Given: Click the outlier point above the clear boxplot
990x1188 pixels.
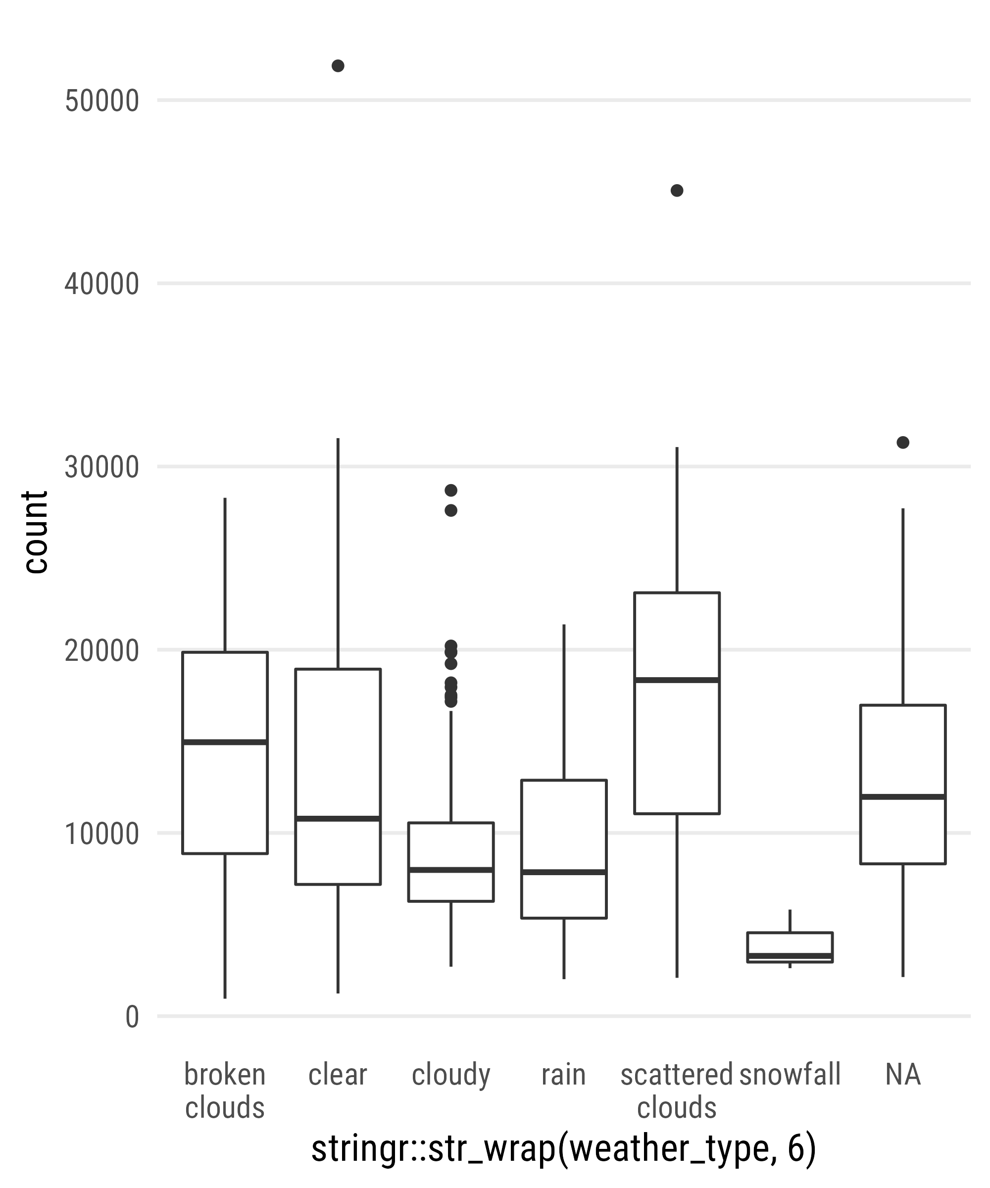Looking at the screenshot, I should click(x=338, y=66).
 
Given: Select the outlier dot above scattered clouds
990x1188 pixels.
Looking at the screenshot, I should click(x=677, y=191).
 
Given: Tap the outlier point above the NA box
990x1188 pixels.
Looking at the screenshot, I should click(x=903, y=443).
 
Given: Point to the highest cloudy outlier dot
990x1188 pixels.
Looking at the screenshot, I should click(x=451, y=490).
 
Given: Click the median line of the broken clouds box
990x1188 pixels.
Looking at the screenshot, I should click(x=225, y=742).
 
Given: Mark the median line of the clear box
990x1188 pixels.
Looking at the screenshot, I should click(x=338, y=819).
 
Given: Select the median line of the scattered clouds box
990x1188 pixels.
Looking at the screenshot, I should click(x=677, y=680).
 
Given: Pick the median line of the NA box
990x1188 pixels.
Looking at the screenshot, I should click(x=903, y=796).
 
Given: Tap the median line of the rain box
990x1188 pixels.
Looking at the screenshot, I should click(x=564, y=872).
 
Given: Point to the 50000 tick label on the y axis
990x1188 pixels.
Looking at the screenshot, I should click(x=102, y=102).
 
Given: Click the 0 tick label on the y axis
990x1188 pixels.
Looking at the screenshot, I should click(x=132, y=1017).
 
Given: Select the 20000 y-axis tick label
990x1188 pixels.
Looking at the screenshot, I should click(x=102, y=651).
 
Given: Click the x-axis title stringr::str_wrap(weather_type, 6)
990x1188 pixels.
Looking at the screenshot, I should click(x=563, y=1148).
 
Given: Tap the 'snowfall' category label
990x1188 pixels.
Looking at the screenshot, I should click(x=790, y=1074).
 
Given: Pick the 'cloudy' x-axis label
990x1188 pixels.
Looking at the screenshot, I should click(x=451, y=1074).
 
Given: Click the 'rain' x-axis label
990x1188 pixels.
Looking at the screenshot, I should click(x=563, y=1074).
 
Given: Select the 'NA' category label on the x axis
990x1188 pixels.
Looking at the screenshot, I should click(x=903, y=1074).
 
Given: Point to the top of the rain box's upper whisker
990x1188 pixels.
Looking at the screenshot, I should click(x=564, y=625).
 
